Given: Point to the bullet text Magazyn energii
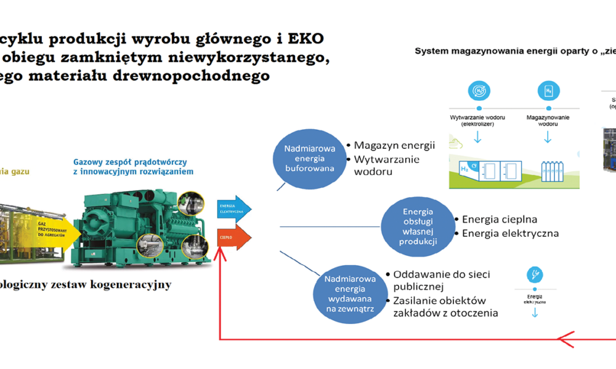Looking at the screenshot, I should [x=394, y=146].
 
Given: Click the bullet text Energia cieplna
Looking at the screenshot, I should [x=499, y=219].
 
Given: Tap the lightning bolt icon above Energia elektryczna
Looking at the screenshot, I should [x=535, y=274].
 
